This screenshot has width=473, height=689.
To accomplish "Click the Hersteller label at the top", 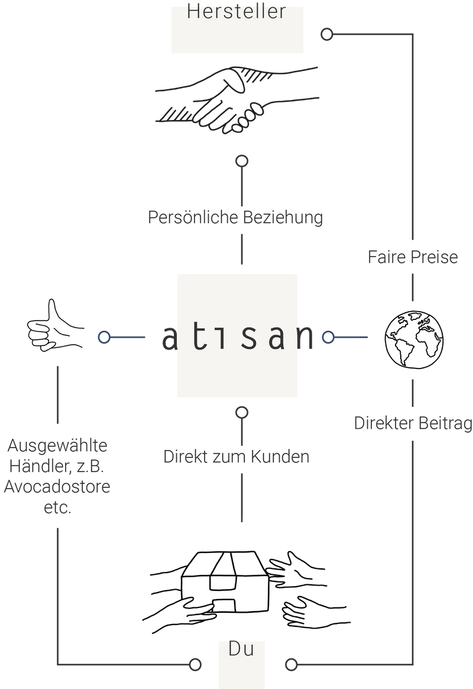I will click(x=237, y=12).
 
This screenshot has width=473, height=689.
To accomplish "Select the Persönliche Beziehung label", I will click(x=235, y=218).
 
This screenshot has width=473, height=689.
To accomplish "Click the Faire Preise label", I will click(x=413, y=257).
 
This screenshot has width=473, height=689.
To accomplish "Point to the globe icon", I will click(x=414, y=339).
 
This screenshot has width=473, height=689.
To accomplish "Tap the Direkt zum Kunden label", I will click(x=237, y=457).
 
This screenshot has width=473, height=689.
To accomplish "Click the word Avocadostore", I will click(x=57, y=488).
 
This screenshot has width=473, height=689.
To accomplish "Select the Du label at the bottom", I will click(x=241, y=649).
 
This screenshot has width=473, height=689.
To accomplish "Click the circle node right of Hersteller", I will click(x=326, y=34).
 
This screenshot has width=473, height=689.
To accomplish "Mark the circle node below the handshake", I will click(x=241, y=160).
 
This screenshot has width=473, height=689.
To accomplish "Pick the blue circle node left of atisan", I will click(x=105, y=337).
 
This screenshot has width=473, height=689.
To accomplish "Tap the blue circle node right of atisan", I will click(x=329, y=337).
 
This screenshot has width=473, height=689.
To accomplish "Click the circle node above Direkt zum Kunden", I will click(x=241, y=412).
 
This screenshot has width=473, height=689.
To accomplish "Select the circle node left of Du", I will click(x=195, y=664).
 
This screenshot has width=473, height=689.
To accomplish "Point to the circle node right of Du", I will click(x=291, y=664).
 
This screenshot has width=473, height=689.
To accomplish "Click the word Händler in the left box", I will click(x=38, y=467).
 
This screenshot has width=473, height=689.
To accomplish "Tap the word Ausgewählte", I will click(x=58, y=445).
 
